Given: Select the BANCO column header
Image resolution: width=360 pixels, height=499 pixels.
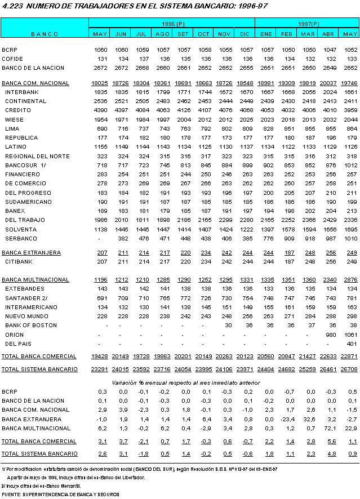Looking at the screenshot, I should [45, 34].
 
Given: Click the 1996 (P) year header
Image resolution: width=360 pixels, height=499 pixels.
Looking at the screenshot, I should [173, 24].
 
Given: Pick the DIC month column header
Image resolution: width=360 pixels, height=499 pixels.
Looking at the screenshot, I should [246, 34].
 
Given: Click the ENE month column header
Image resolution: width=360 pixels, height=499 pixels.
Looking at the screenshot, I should [266, 34].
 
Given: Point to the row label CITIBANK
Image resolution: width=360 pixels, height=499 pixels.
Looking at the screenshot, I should [19, 261].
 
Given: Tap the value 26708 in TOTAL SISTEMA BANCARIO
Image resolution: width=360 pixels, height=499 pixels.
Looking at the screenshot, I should [349, 369].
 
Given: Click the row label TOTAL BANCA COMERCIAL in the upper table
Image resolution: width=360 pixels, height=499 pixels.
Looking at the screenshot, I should [39, 357].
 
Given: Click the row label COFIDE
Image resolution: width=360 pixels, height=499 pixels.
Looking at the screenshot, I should [12, 58].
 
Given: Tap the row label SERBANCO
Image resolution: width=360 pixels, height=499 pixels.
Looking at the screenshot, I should [21, 238].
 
